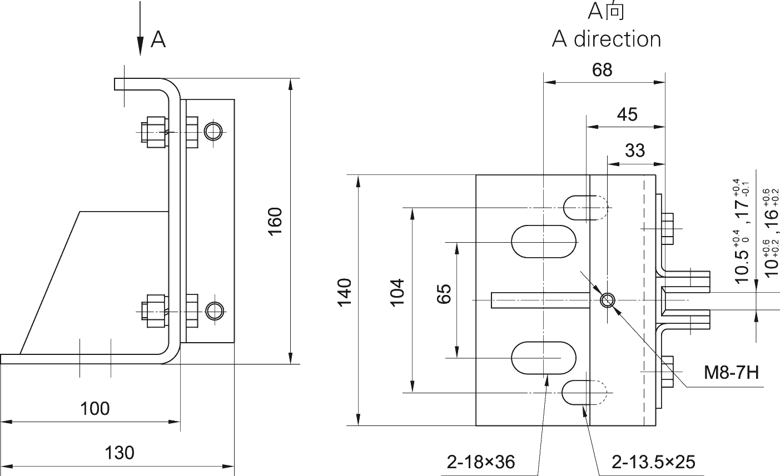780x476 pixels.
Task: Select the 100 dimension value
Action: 95,409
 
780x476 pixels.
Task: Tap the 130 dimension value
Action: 120,453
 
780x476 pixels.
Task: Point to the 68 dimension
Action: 602,70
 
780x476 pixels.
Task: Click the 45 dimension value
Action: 627,115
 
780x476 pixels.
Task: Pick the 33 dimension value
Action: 635,151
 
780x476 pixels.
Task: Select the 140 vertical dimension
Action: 345,292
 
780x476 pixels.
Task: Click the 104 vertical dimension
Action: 397,292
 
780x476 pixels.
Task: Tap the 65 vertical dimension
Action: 444,293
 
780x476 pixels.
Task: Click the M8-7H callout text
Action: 731,373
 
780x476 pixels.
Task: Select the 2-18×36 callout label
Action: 481,462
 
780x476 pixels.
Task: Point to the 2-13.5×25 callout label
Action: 653,462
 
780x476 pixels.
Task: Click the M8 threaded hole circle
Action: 607,300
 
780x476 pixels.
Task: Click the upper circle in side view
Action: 213,131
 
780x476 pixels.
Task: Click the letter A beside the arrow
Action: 158,39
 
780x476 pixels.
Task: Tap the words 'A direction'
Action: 607,39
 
